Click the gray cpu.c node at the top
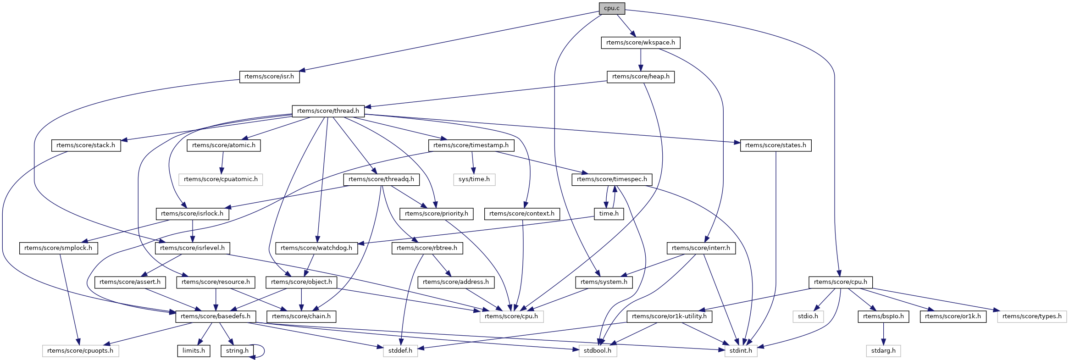611,8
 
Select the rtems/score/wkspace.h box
640,43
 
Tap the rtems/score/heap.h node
641,77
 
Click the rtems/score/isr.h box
269,77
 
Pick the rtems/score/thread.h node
328,111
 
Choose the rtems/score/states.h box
775,145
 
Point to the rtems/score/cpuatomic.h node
221,179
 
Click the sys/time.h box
474,179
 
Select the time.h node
609,214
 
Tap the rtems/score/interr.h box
701,248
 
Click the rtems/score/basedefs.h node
216,316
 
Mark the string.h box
237,351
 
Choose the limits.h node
194,351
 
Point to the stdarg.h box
883,351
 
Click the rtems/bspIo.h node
883,316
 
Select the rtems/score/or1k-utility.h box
669,316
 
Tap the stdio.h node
808,316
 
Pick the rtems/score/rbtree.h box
427,248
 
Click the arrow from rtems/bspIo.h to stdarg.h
883,334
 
